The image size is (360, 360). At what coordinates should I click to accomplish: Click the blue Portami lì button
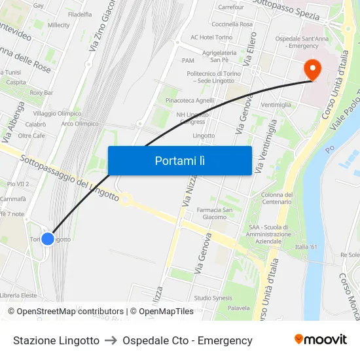click(x=179, y=160)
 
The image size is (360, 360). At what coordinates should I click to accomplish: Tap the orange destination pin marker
click(x=313, y=69)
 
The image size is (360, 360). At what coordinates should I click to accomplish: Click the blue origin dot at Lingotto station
click(x=48, y=240)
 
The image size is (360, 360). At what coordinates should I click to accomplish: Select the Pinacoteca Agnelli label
click(x=190, y=101)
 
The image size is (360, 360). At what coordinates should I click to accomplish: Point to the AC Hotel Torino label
click(x=211, y=37)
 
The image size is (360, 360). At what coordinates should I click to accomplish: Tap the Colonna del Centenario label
click(x=277, y=198)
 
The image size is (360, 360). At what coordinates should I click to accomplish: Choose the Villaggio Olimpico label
click(x=58, y=113)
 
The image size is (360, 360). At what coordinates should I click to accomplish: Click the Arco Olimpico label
click(x=80, y=123)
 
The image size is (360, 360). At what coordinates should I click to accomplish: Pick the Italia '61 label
click(x=306, y=247)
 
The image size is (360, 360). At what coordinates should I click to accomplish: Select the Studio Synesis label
click(x=213, y=298)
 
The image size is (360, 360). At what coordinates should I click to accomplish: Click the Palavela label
click(x=239, y=308)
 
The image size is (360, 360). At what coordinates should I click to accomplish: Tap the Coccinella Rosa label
click(x=233, y=24)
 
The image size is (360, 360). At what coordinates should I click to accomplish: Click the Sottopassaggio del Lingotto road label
click(x=69, y=178)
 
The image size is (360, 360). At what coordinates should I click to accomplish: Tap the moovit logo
click(x=321, y=339)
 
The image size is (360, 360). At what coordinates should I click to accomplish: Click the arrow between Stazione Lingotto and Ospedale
click(x=111, y=340)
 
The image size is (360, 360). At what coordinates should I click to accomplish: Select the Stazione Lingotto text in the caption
click(x=56, y=340)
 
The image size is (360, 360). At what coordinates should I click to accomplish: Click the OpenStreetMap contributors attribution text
click(x=69, y=312)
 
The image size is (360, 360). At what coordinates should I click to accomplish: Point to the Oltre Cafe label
click(x=31, y=135)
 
